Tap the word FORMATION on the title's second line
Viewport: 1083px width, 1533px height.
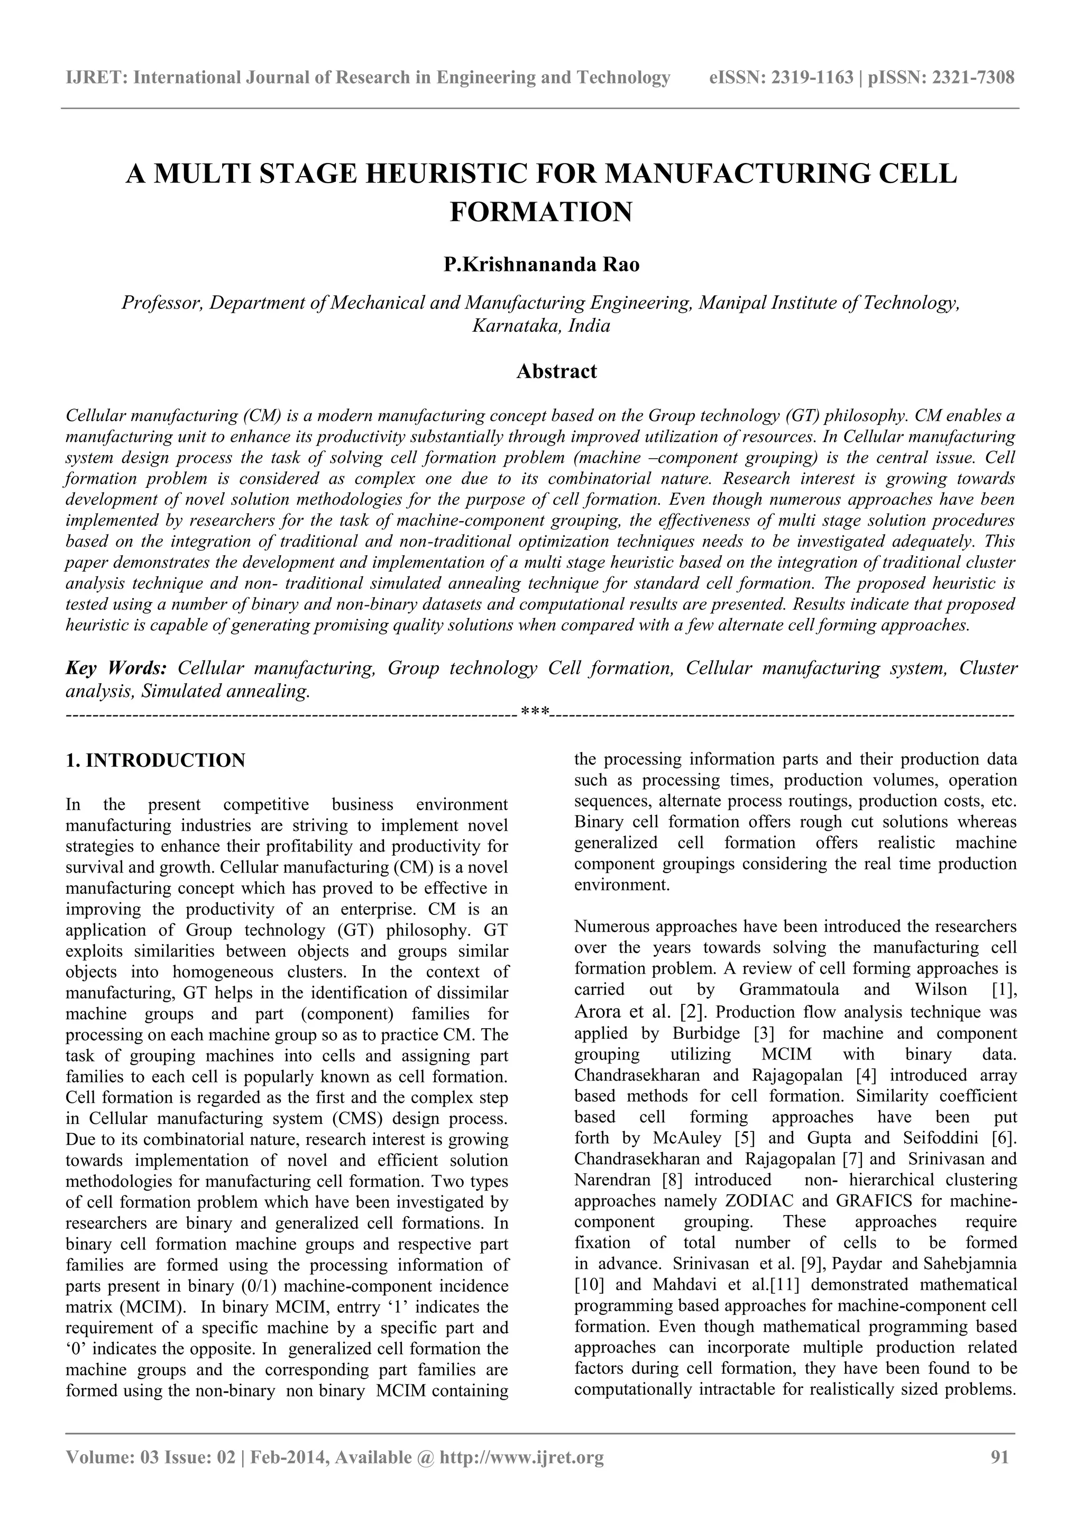(540, 212)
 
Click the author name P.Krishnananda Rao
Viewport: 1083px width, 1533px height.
(541, 265)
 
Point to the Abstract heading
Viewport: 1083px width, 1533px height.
(556, 371)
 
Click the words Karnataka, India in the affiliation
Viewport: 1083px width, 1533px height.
(541, 326)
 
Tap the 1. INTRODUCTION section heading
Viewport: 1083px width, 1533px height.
(155, 760)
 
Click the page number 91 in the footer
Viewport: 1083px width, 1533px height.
(999, 1457)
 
